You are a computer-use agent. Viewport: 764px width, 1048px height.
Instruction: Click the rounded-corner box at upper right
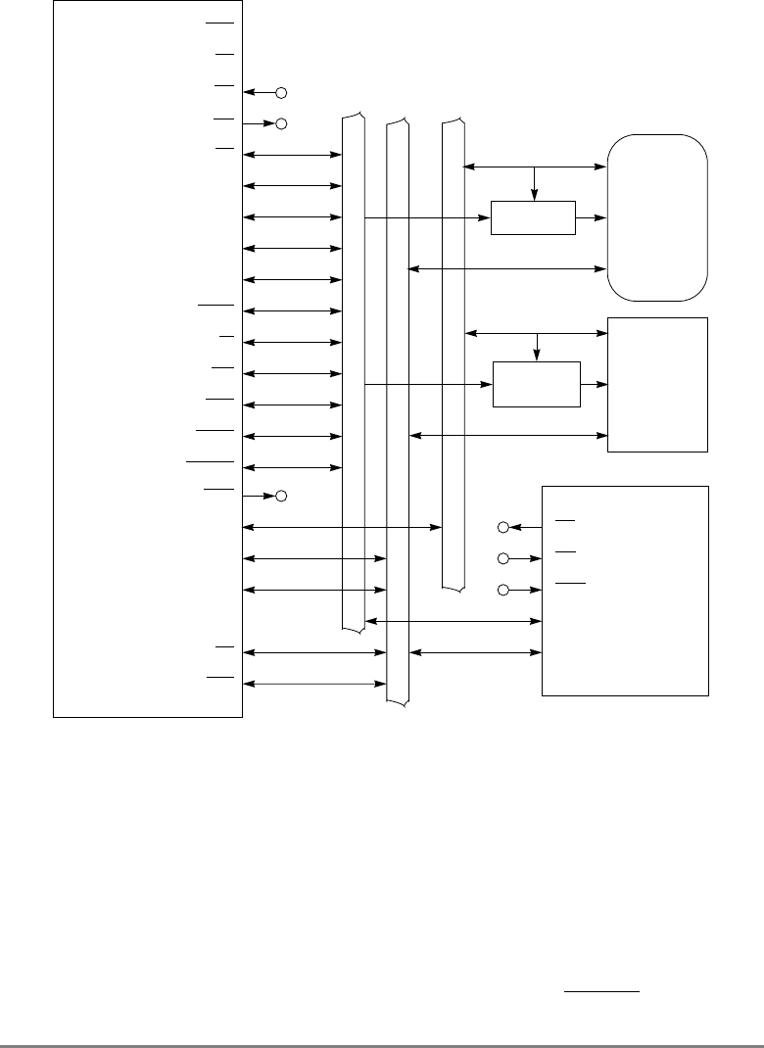657,216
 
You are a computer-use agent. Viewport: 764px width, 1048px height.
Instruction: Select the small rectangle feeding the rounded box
533,217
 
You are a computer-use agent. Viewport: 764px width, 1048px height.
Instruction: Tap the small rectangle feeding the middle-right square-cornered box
537,384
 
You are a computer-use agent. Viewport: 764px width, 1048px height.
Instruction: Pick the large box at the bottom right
625,590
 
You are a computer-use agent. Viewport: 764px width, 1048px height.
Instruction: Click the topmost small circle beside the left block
281,93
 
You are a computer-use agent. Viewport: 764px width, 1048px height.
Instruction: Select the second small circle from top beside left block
281,124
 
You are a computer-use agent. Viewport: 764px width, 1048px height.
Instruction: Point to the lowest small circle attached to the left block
281,497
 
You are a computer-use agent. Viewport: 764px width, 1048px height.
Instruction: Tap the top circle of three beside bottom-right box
503,528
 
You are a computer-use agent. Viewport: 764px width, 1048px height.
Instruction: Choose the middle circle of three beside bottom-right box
503,559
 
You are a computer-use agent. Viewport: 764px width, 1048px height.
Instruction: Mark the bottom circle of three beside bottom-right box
503,591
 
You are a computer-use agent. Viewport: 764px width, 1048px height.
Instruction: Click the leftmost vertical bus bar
353,372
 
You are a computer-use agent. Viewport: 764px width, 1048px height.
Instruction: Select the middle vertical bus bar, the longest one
398,411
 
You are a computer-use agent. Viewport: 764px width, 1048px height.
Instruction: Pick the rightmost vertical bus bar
453,353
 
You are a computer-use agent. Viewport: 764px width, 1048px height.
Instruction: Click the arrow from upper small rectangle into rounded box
592,217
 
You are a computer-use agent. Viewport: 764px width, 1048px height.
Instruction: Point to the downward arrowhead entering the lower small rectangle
537,354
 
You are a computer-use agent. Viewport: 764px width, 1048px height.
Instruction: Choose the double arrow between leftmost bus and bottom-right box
454,621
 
